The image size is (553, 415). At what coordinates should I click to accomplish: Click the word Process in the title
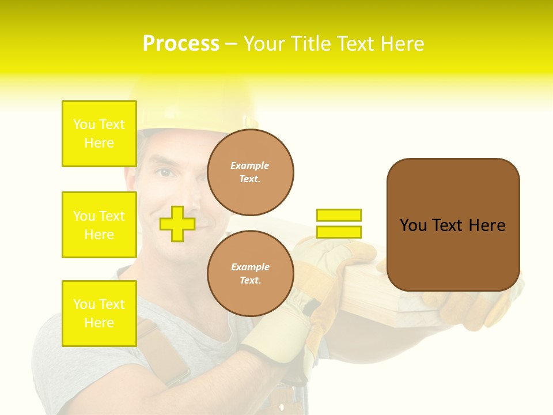click(x=181, y=44)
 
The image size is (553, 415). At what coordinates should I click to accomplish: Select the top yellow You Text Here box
click(x=99, y=134)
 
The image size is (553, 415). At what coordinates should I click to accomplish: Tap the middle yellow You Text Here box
click(x=99, y=225)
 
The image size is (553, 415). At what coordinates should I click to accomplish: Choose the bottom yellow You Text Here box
click(x=99, y=314)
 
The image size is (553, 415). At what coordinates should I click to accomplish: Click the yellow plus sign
click(x=177, y=224)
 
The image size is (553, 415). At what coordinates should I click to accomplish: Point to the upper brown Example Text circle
click(x=250, y=172)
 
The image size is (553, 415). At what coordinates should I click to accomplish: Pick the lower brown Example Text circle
click(x=250, y=274)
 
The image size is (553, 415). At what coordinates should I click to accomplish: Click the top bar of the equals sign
click(x=339, y=215)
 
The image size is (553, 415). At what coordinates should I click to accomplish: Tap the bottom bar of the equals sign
click(x=339, y=232)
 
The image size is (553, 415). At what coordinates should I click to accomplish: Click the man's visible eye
click(x=165, y=172)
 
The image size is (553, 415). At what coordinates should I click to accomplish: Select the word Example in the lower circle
click(x=250, y=267)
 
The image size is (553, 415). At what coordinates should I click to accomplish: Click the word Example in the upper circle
click(x=250, y=165)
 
